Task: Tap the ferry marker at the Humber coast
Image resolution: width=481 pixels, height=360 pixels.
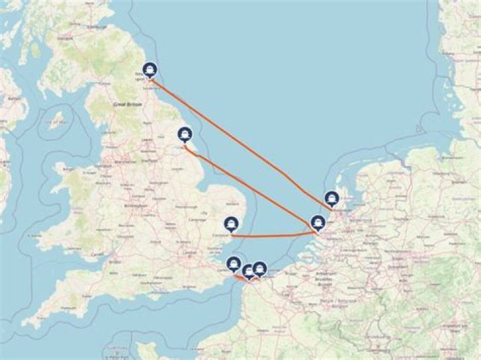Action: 185,134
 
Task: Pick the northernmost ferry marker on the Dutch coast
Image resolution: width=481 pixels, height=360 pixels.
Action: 332,198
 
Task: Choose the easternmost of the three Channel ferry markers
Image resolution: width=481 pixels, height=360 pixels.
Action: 260,268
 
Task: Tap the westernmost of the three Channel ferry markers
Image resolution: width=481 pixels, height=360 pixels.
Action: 234,264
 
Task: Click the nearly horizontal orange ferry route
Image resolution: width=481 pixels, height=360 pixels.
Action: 274,234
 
